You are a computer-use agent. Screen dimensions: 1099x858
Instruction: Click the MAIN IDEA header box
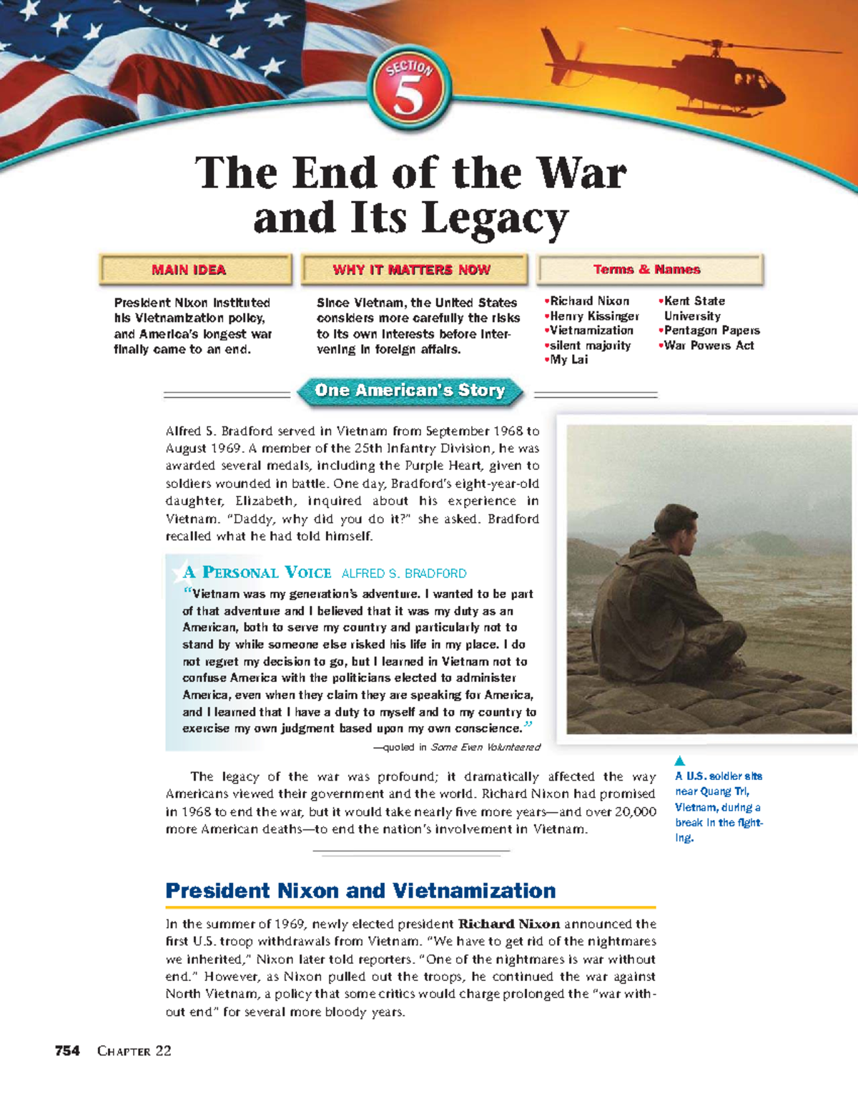coord(195,270)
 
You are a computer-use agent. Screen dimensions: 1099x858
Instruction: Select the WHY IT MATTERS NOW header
coord(413,270)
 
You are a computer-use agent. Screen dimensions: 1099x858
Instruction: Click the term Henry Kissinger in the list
coord(593,316)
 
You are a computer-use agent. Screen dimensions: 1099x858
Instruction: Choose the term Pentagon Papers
coord(711,331)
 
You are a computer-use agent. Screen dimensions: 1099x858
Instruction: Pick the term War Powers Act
coord(708,346)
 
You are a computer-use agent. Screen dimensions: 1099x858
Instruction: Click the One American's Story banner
coord(410,391)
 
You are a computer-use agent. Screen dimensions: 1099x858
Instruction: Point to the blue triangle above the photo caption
coord(680,761)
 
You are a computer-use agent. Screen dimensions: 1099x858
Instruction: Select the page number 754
coord(67,1050)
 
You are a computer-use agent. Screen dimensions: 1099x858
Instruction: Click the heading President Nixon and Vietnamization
coord(360,891)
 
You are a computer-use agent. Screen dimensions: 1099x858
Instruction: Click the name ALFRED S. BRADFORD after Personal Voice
coord(404,573)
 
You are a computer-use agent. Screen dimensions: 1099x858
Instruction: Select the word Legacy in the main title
coord(496,218)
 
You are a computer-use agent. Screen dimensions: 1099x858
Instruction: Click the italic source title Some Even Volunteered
coord(485,747)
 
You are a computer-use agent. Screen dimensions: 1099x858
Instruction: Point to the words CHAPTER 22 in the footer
coord(134,1050)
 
